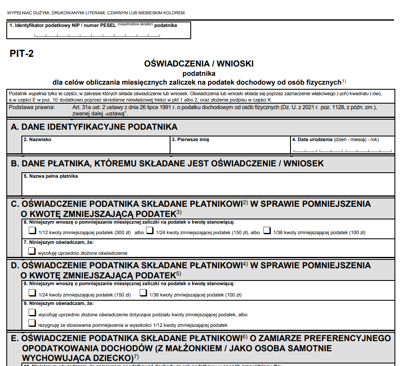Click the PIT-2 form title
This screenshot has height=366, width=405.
(21, 53)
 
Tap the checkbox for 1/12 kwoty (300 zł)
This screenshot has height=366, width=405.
(32, 230)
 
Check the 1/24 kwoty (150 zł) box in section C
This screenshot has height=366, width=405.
(149, 230)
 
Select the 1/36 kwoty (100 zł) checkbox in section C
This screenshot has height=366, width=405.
(267, 230)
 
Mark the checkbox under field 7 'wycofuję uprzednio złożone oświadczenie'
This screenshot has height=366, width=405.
(32, 251)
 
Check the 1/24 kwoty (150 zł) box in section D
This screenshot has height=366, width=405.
(32, 293)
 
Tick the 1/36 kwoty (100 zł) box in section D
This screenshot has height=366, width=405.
(144, 293)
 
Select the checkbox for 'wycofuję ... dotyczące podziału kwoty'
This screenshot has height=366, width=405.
(32, 313)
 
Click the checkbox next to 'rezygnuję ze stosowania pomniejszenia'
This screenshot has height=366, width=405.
(32, 323)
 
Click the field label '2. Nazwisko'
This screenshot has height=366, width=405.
(37, 139)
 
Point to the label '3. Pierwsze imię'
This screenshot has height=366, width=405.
(190, 139)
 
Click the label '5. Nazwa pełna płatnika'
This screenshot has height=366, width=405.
(51, 176)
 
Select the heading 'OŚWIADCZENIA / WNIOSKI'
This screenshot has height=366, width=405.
(199, 64)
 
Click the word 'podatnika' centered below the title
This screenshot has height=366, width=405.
(199, 73)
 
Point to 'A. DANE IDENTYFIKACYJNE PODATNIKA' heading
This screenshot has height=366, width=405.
(94, 127)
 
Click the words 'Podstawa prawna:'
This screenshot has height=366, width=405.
(26, 107)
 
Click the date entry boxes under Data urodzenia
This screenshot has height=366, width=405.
(342, 150)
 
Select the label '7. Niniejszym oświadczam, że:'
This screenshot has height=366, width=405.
(59, 242)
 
